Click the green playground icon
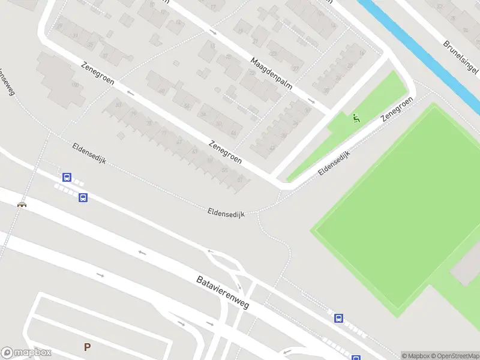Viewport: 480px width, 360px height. coord(356,118)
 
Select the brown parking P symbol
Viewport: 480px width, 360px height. coord(87,347)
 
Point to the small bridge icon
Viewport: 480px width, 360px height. coord(22,205)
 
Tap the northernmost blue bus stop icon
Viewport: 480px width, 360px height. coord(67,178)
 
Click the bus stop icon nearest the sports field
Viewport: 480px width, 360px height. coord(339,318)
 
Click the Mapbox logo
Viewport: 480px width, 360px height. coord(26,353)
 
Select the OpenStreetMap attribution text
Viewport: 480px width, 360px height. coord(456,356)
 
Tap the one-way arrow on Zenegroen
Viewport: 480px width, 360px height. coord(131,93)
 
